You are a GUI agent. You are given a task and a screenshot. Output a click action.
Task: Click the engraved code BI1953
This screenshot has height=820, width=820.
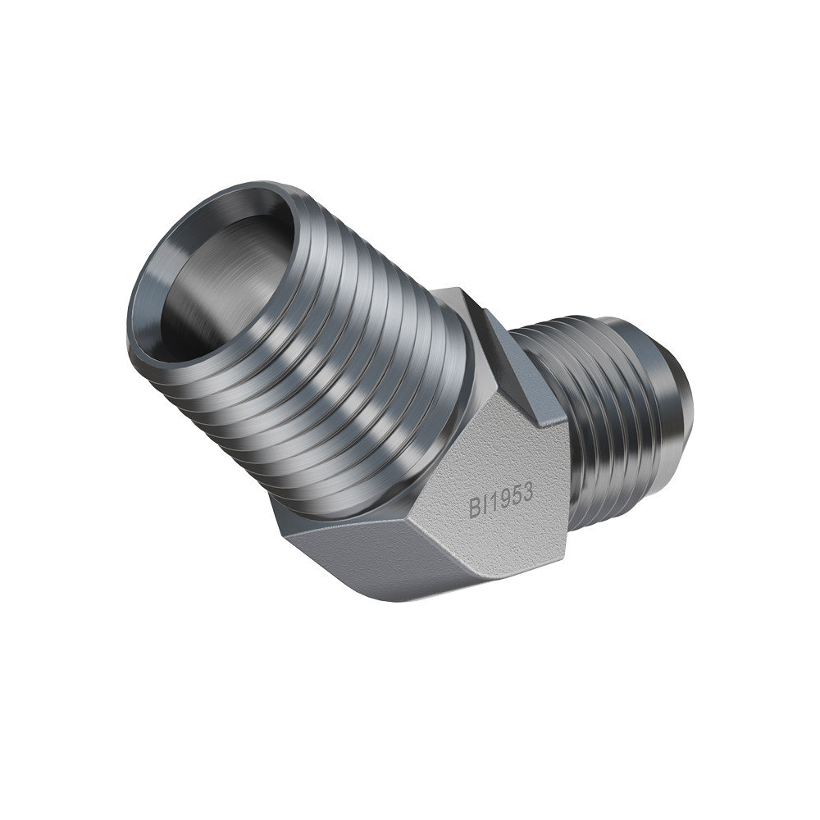[501, 499]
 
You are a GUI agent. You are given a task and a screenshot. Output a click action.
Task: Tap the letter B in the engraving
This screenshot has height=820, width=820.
[474, 508]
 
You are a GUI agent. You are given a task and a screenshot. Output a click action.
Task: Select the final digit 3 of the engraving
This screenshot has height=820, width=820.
[527, 491]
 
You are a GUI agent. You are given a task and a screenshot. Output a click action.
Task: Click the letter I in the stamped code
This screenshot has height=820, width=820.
[483, 505]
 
